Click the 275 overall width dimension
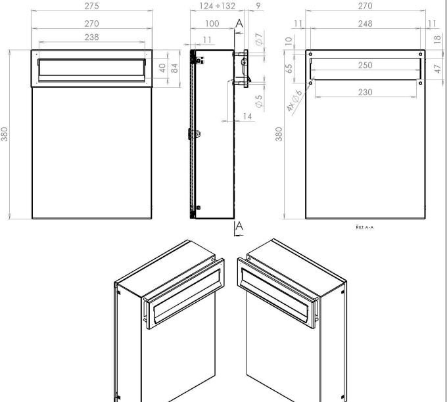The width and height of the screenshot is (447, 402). click(x=91, y=6)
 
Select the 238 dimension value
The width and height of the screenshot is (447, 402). click(x=91, y=37)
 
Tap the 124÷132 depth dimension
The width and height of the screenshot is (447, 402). click(x=216, y=6)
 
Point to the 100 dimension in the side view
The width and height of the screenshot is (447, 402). click(x=212, y=24)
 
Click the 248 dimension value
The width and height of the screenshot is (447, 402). click(x=365, y=24)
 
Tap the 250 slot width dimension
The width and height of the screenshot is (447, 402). click(x=365, y=66)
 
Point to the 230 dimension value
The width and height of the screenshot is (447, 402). click(x=365, y=93)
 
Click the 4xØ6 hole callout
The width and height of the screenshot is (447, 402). click(x=293, y=100)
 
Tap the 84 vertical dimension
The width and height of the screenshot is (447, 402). click(x=175, y=68)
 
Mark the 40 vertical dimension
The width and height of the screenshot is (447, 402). click(x=162, y=68)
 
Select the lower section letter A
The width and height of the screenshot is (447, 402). click(x=239, y=226)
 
